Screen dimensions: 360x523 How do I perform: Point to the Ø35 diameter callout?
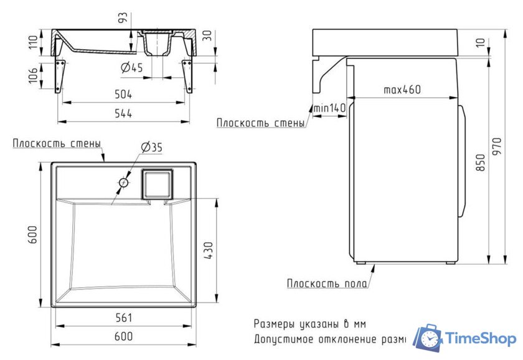tap(151, 148)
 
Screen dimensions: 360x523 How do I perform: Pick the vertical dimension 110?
tap(33, 42)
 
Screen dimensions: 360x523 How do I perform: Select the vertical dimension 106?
tap(33, 75)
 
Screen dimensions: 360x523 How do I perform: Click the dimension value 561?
tap(123, 318)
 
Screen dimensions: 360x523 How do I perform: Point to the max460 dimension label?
tap(402, 90)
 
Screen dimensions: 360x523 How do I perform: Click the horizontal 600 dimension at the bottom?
tap(123, 336)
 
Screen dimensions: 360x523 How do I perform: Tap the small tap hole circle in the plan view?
tap(124, 183)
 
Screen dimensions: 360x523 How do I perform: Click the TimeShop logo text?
tap(481, 339)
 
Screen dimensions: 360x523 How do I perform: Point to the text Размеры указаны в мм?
tap(309, 324)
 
